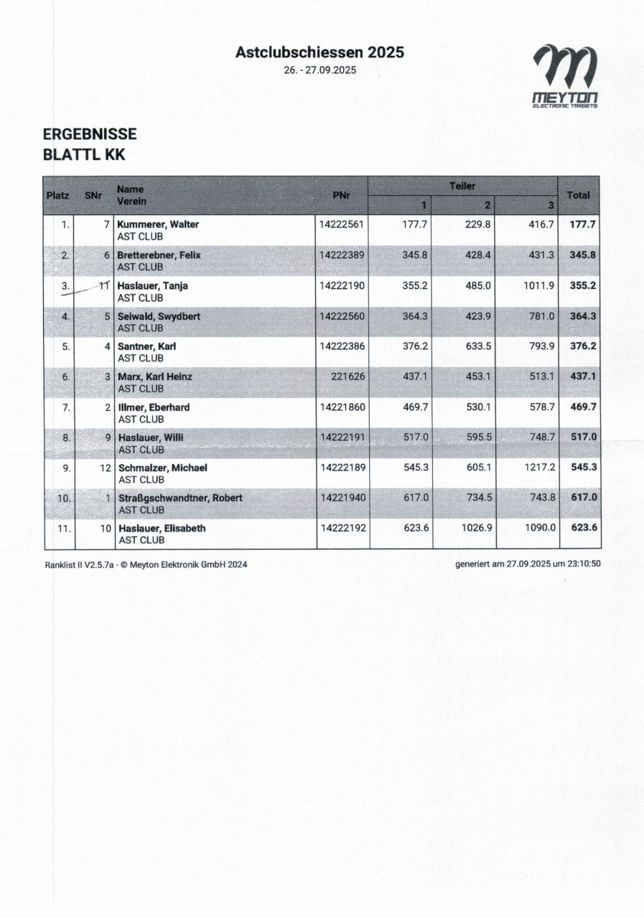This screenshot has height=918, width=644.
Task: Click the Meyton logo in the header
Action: click(x=564, y=76)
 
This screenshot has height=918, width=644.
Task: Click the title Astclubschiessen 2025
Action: click(x=319, y=52)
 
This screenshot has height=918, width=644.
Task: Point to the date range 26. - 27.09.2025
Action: click(x=320, y=70)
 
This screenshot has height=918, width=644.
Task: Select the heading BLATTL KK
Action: click(x=84, y=154)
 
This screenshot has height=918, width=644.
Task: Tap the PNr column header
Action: click(x=342, y=195)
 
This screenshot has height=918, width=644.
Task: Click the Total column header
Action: click(x=578, y=195)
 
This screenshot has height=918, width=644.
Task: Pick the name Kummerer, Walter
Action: click(x=158, y=224)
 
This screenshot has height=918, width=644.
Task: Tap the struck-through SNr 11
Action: click(x=103, y=285)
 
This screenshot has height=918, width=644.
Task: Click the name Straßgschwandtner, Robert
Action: click(x=180, y=498)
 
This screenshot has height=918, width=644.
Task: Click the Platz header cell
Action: click(x=57, y=195)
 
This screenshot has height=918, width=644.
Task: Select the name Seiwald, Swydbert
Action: click(x=159, y=316)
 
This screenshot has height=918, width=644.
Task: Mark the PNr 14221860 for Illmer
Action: click(x=342, y=407)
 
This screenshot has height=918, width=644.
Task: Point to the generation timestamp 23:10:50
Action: click(x=582, y=564)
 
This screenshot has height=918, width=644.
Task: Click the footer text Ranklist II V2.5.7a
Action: click(x=78, y=565)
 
